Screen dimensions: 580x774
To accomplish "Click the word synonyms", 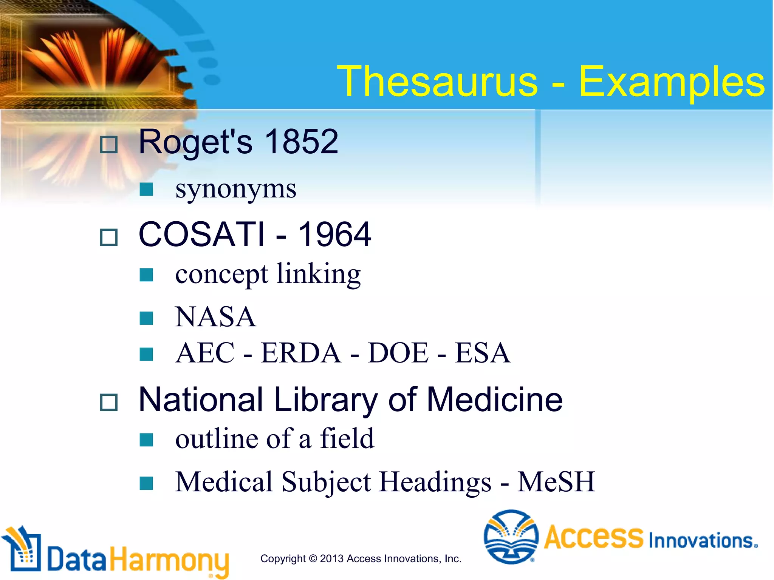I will (x=236, y=189).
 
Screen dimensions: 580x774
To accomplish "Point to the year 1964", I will (x=334, y=234).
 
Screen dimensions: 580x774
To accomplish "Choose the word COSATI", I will (x=202, y=234).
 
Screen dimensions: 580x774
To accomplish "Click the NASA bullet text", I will (x=215, y=317).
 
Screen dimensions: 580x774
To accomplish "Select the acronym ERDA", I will (x=301, y=353).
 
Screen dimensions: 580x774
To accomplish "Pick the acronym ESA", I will (x=482, y=353).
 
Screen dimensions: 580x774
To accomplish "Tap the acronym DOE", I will (x=398, y=353).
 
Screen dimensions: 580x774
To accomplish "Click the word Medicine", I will (x=495, y=400).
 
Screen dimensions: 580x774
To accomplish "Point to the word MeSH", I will (x=556, y=482).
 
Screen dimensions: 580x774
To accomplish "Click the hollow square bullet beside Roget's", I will (x=109, y=145).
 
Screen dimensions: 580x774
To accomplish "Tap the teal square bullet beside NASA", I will (x=146, y=318).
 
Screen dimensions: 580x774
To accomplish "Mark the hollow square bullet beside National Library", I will (x=109, y=403).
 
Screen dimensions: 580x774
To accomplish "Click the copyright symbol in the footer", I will (x=313, y=558).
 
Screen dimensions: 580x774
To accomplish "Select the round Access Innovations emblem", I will (x=511, y=537).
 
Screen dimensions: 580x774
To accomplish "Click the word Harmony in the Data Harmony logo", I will (x=170, y=560).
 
